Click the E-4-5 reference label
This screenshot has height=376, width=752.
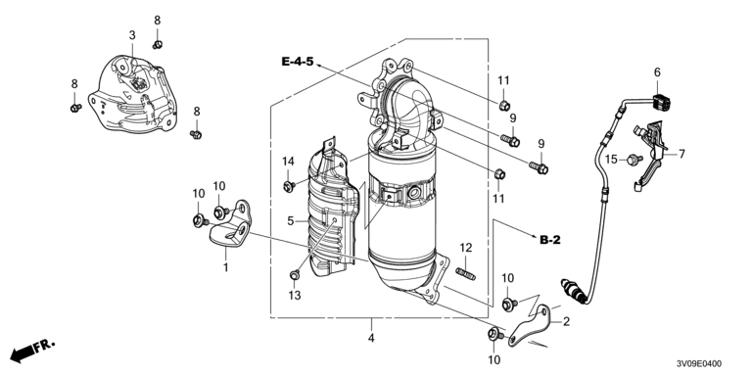298,62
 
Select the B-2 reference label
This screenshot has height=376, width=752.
550,240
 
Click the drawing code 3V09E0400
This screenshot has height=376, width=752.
698,364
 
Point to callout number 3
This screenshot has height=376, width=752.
132,35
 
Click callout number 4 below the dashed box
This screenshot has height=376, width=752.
371,338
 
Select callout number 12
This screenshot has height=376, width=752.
466,248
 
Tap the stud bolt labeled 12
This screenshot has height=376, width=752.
465,274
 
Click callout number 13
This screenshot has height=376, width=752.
295,296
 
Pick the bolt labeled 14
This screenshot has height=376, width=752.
289,186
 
